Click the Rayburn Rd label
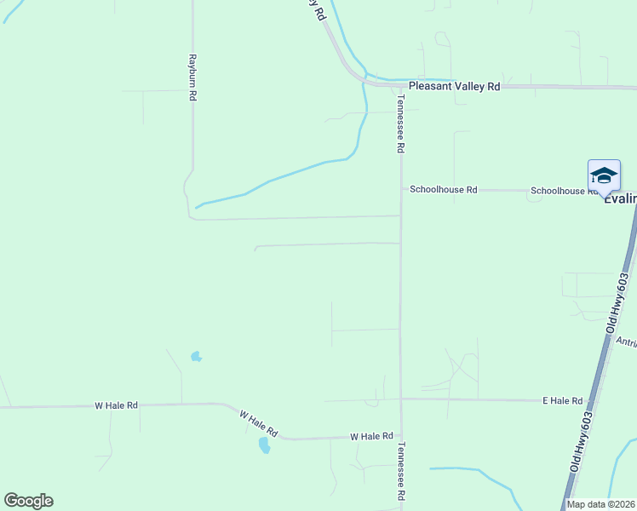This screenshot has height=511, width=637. (x=193, y=79)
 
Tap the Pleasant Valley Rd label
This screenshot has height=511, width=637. (x=454, y=87)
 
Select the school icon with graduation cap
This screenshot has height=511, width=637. (x=604, y=175)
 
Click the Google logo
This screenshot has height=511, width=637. (x=28, y=501)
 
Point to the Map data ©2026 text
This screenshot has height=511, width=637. (x=600, y=504)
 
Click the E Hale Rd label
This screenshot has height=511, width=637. (x=563, y=400)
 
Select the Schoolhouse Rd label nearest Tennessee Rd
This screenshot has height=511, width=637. (x=443, y=190)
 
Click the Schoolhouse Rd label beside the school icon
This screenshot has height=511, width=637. (x=562, y=191)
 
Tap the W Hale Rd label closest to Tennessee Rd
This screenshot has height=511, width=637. (x=371, y=436)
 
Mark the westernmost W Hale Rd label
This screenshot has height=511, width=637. (x=117, y=406)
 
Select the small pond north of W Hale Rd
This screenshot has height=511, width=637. (x=197, y=356)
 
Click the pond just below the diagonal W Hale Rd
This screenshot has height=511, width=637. (x=264, y=445)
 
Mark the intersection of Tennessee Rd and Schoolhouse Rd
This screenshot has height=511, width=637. (x=401, y=189)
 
